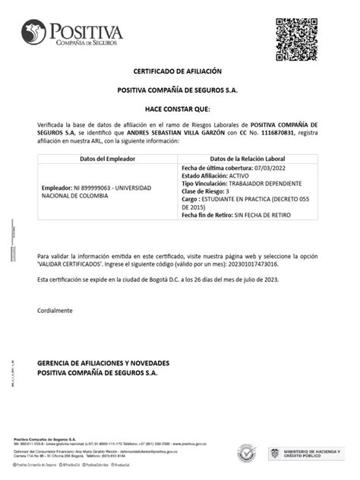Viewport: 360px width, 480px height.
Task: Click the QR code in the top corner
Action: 296,38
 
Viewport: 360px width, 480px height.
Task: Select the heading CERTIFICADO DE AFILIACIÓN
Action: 177,71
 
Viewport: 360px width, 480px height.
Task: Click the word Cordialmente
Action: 55,311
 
